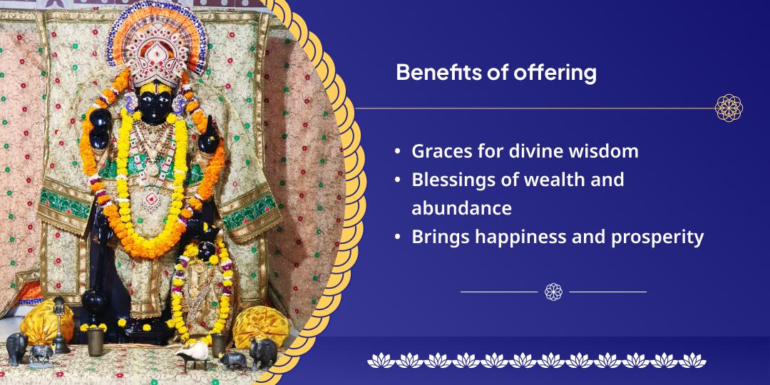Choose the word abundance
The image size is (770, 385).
point(461,208)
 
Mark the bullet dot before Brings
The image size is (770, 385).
point(398,237)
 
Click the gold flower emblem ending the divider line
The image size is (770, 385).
point(729,108)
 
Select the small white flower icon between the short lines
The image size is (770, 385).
point(553,292)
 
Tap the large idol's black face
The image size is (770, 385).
point(155,103)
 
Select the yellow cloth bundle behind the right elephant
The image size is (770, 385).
point(261,326)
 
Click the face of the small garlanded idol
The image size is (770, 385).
point(206,250)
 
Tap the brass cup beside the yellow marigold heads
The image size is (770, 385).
point(95,341)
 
